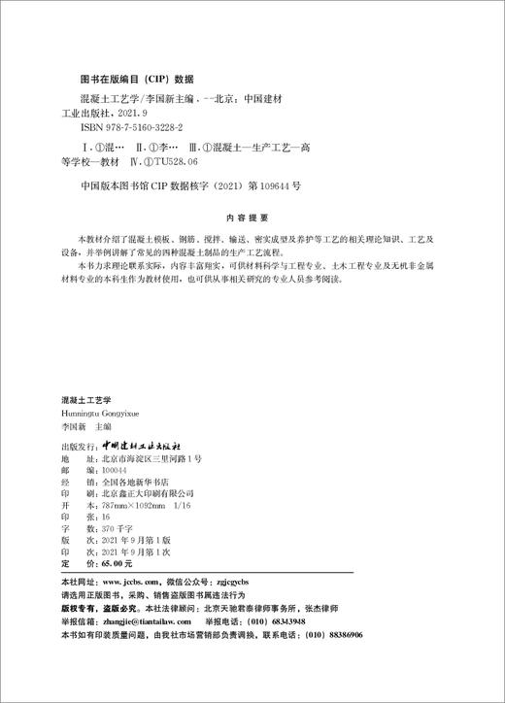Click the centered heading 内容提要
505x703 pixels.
coord(252,219)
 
